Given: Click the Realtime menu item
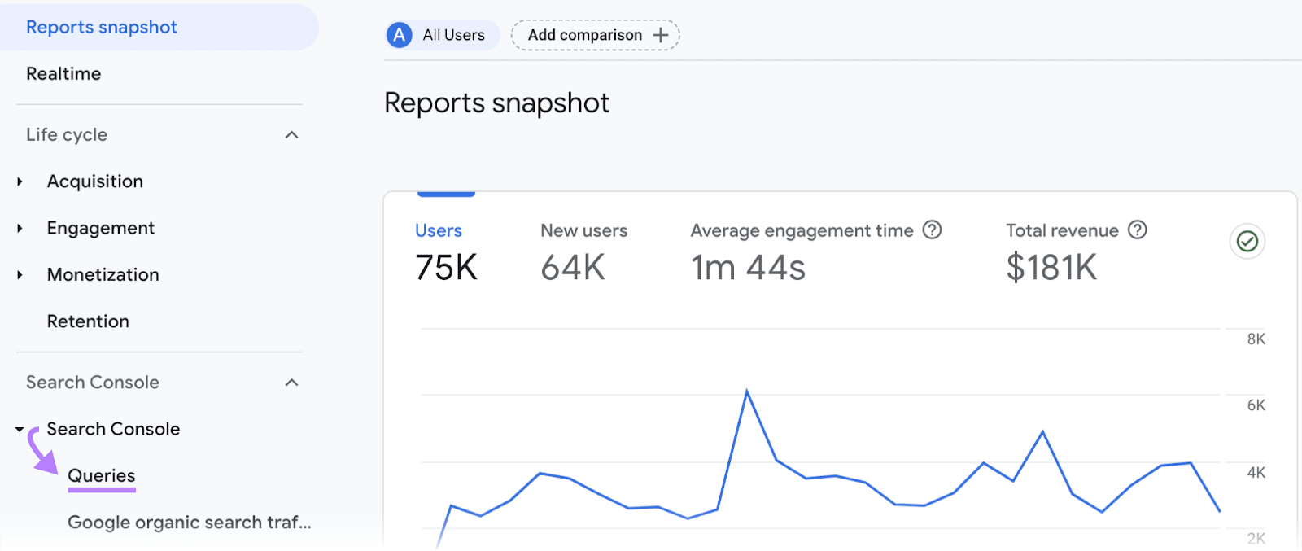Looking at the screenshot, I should [63, 74].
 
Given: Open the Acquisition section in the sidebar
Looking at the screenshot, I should [94, 181].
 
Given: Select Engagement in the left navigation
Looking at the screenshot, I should [100, 229].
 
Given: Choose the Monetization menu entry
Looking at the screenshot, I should [103, 275].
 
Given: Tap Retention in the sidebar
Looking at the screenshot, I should [88, 321].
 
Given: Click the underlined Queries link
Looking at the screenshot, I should [102, 476].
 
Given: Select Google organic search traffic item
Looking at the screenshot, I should [189, 523].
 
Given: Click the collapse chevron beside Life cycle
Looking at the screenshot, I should [292, 135].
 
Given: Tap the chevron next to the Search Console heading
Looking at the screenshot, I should [292, 383].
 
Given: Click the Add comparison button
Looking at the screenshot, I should [596, 35].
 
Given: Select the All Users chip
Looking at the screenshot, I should [442, 35].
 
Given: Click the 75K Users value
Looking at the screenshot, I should [446, 268].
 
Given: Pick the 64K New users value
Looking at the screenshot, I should [573, 268].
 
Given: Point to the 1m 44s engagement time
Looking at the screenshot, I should [748, 268].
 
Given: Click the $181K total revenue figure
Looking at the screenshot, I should [1051, 268].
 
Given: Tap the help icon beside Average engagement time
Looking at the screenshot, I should [932, 230].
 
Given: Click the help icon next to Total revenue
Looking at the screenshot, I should [1138, 230].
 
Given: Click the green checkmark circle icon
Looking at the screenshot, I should [1247, 241].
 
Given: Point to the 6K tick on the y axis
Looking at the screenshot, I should [1256, 405].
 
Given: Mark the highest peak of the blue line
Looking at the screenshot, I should [747, 392].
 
